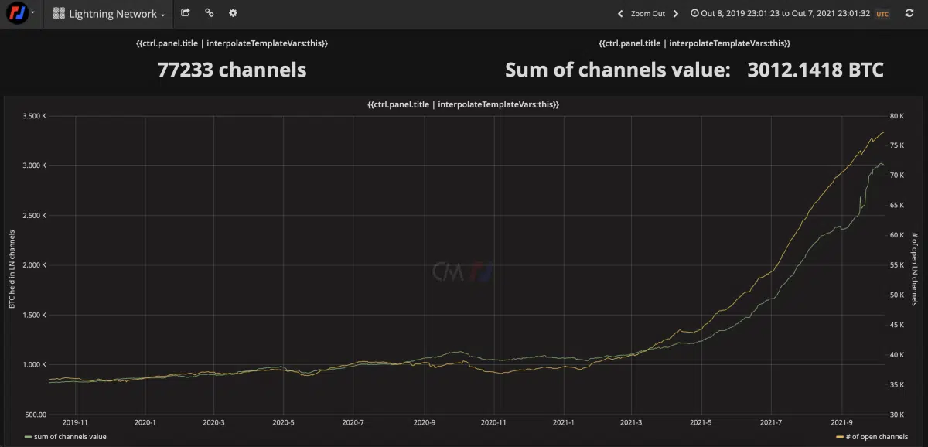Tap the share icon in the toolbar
click(x=186, y=13)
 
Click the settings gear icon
click(x=233, y=13)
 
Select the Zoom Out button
click(x=647, y=14)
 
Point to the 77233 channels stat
click(x=232, y=70)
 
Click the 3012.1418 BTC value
click(x=815, y=70)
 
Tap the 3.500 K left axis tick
click(x=35, y=116)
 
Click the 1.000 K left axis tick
click(x=35, y=364)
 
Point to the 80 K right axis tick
click(x=896, y=116)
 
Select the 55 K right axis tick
click(x=896, y=265)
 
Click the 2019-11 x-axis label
click(x=75, y=423)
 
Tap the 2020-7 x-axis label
click(x=353, y=423)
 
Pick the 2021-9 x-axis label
click(x=841, y=423)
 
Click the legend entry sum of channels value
click(x=70, y=437)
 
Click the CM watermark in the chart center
click(x=462, y=271)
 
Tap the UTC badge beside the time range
click(x=882, y=14)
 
